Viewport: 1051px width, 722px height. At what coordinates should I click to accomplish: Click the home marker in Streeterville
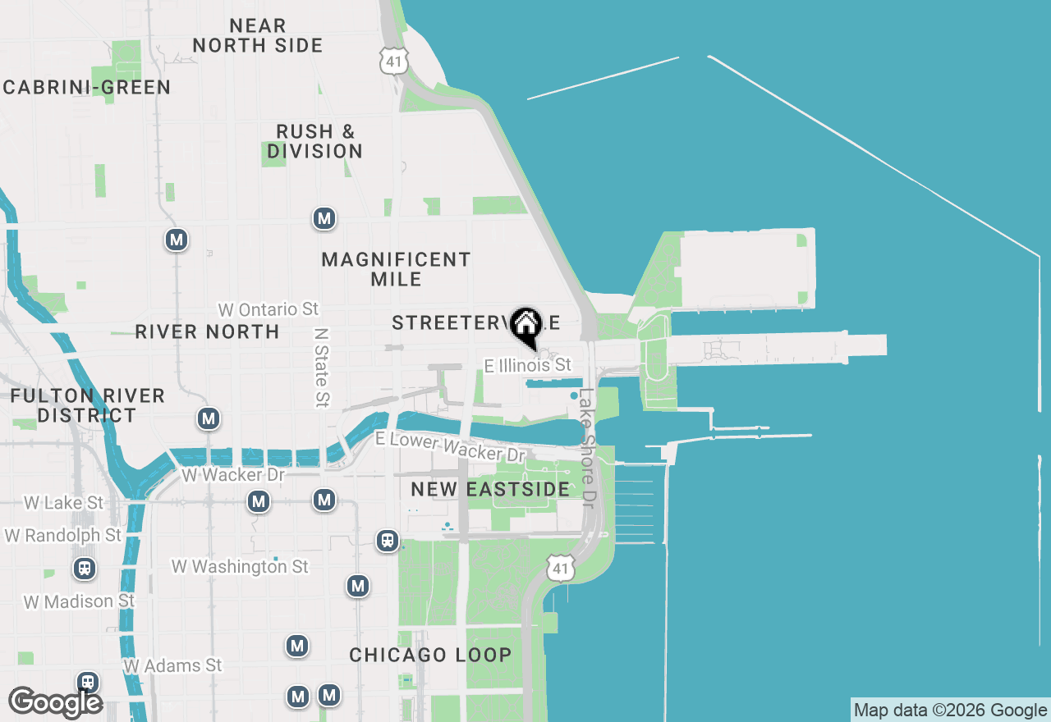525,325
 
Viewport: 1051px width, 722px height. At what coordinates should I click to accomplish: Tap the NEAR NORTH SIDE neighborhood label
258,36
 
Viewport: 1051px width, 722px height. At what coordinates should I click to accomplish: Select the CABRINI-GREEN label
86,88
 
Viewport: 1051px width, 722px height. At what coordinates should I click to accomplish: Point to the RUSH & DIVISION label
315,141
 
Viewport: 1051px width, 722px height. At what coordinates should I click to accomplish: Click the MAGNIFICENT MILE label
396,269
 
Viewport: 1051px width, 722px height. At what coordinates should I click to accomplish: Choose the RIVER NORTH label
207,332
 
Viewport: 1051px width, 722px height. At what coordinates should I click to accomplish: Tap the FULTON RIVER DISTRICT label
87,405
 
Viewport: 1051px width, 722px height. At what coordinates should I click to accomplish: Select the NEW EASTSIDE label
490,490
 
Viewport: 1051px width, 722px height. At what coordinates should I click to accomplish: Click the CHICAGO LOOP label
430,656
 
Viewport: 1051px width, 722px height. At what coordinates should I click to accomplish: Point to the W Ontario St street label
268,309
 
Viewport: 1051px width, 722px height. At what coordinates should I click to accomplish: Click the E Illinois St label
527,365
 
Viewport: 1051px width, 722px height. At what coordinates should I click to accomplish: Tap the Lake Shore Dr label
586,447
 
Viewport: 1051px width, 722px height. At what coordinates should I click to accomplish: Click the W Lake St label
64,502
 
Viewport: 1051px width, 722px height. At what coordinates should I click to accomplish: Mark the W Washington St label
240,566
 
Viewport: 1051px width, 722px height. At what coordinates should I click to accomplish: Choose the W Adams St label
173,665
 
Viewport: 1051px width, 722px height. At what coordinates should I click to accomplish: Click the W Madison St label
79,601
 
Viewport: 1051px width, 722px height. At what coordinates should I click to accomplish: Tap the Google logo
55,703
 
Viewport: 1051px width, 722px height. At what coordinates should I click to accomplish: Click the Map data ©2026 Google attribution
951,711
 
